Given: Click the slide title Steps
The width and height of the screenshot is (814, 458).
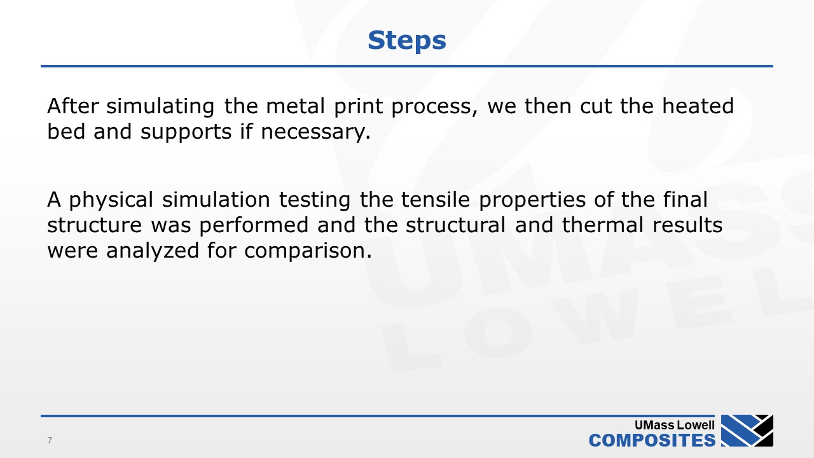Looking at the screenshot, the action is [406, 41].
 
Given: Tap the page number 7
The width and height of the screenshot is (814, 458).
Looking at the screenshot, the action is [50, 440].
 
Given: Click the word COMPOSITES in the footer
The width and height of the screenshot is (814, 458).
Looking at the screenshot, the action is [652, 441].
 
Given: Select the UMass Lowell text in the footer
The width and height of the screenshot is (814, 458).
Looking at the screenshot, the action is [675, 425].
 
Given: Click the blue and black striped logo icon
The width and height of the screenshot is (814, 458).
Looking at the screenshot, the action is [747, 431].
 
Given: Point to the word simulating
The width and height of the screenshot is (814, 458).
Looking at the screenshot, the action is [160, 107].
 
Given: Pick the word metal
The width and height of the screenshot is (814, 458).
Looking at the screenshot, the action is [296, 106].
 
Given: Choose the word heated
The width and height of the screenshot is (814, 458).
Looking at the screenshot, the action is [698, 106].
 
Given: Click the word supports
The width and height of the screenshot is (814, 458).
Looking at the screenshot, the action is [186, 132].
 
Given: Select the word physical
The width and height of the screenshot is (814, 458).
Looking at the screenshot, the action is [111, 200].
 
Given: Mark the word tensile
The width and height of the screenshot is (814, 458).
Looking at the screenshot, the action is [436, 200].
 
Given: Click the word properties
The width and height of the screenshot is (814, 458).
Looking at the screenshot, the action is [532, 200].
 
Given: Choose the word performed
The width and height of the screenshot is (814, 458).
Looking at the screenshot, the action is [254, 226].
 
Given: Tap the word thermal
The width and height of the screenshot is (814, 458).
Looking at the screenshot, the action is [603, 225].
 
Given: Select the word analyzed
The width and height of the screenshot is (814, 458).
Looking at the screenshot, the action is [153, 251].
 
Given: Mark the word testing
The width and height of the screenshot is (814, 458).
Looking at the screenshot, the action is [315, 200].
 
